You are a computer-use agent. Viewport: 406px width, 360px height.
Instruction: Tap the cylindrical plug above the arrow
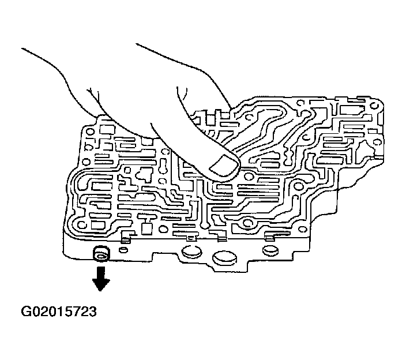pyautogui.click(x=101, y=254)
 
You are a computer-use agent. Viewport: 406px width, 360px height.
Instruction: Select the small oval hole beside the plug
pyautogui.click(x=123, y=251)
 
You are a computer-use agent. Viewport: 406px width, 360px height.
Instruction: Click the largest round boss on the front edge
pyautogui.click(x=224, y=259)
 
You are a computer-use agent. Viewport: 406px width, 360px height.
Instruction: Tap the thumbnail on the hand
pyautogui.click(x=224, y=167)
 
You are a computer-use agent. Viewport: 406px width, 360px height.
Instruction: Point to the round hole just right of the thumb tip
pyautogui.click(x=249, y=176)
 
